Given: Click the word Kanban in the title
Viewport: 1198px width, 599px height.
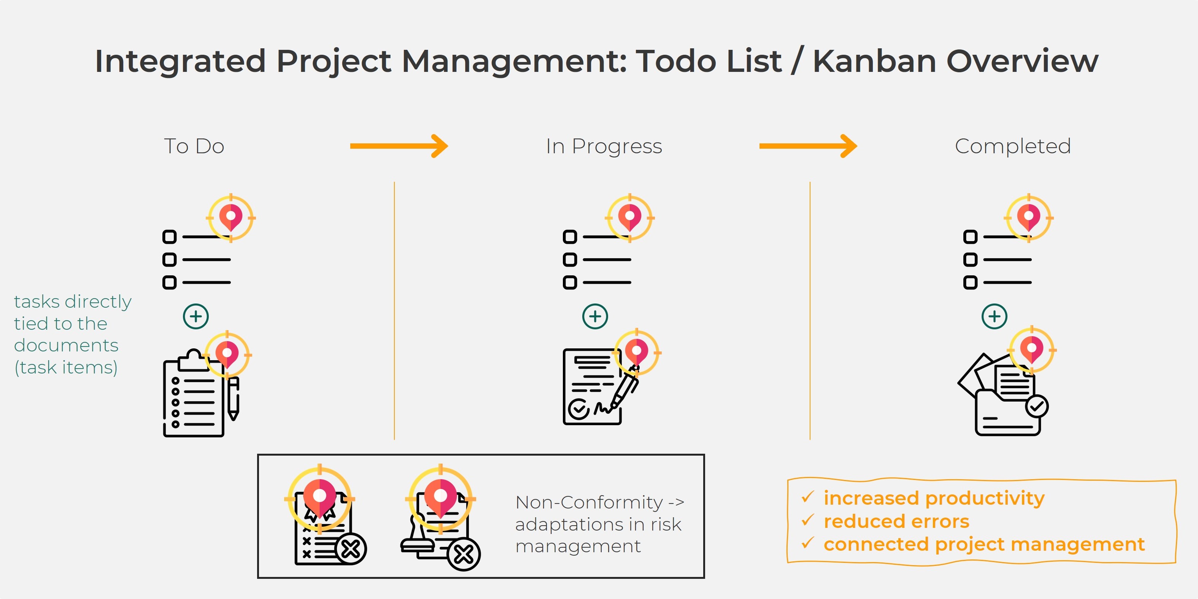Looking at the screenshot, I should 874,61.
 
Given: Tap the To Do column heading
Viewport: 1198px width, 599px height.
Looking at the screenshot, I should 194,146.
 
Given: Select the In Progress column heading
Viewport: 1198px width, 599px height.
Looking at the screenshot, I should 604,146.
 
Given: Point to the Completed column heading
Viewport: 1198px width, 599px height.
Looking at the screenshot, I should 1012,146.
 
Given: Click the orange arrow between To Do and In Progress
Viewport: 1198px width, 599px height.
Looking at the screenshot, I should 399,146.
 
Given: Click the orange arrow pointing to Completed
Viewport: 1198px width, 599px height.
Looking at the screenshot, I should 808,146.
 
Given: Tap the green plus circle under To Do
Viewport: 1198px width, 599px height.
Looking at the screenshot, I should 196,316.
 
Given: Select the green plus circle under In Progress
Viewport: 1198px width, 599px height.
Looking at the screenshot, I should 595,316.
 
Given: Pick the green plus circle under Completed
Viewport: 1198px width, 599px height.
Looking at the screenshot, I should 994,316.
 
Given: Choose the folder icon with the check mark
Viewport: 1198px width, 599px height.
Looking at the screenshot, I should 1004,400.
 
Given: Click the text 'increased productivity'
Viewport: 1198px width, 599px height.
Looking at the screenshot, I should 934,498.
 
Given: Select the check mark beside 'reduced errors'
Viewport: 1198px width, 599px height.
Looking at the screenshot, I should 808,520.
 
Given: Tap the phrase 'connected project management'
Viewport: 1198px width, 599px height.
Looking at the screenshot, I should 984,544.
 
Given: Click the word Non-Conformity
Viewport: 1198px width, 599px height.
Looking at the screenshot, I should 589,502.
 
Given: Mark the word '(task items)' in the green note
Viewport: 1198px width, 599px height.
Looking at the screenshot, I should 66,367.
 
